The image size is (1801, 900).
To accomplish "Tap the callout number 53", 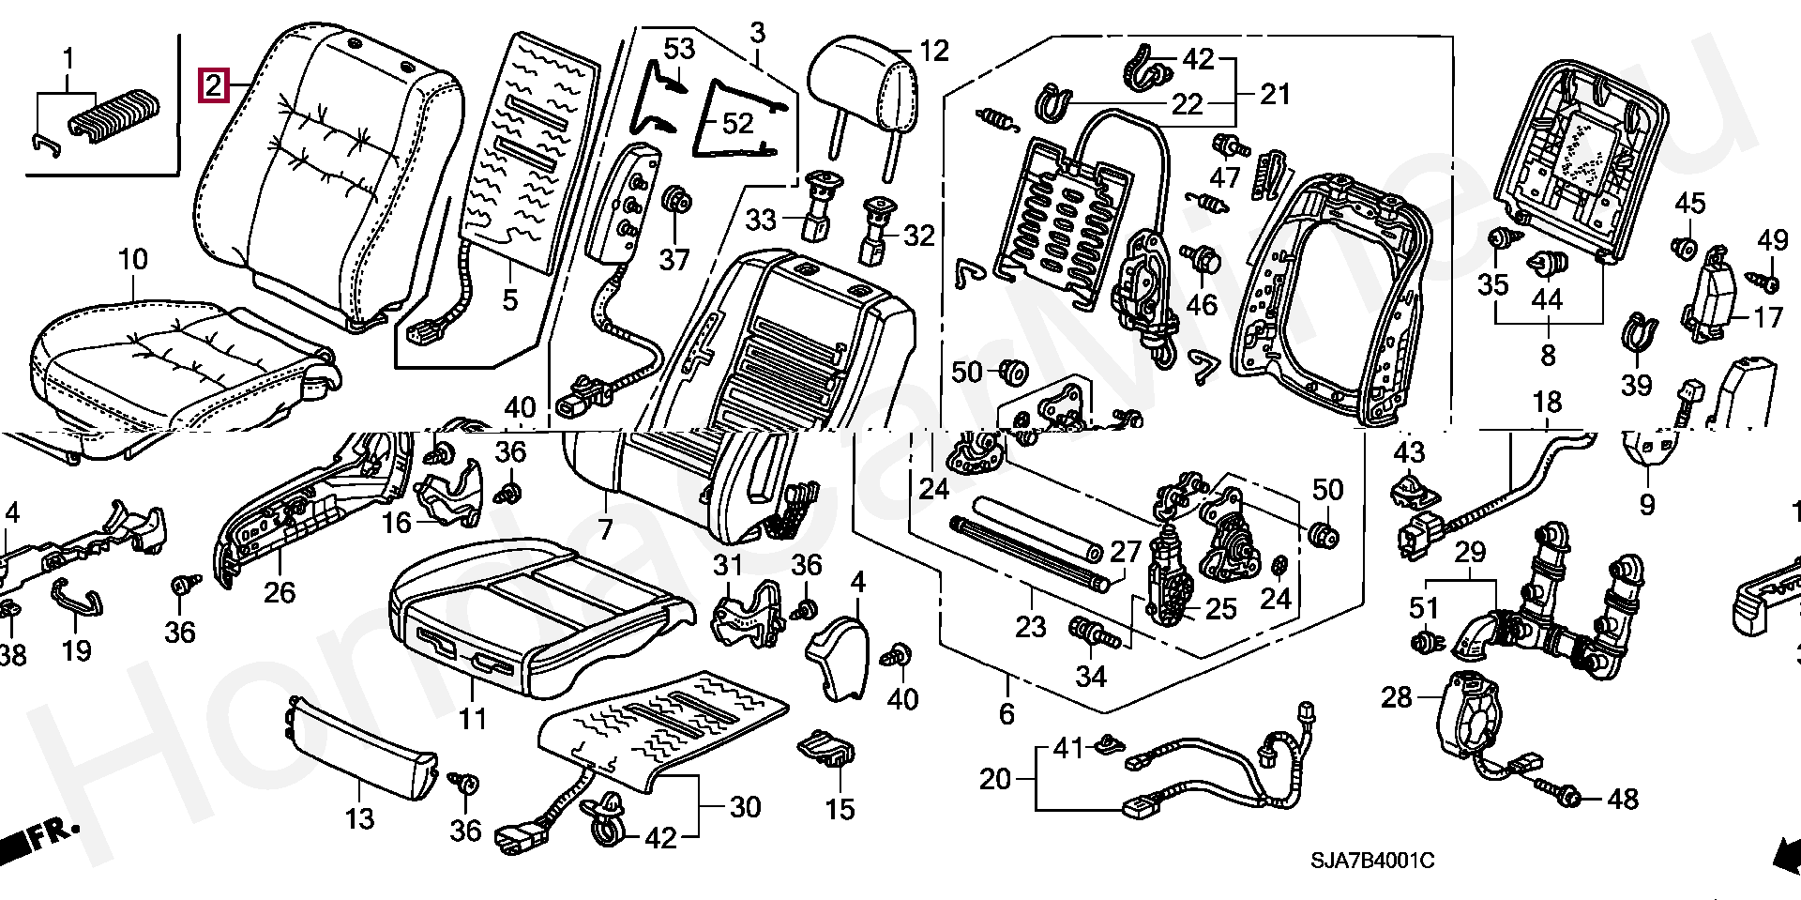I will [x=679, y=48].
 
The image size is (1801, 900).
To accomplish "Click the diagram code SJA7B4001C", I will [x=1372, y=861].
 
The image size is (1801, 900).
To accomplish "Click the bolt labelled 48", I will [x=1567, y=798].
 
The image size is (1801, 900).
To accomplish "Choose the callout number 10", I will [x=133, y=260].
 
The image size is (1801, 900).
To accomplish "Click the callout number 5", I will [x=509, y=299].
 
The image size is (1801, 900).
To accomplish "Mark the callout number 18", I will [x=1547, y=403].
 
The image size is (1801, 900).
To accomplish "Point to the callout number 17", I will [x=1767, y=317].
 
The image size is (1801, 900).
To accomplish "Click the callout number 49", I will [x=1773, y=240].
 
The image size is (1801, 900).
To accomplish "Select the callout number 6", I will [x=1006, y=713].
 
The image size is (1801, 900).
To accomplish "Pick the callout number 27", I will [x=1125, y=551].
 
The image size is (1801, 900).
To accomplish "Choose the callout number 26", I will [x=279, y=592].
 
